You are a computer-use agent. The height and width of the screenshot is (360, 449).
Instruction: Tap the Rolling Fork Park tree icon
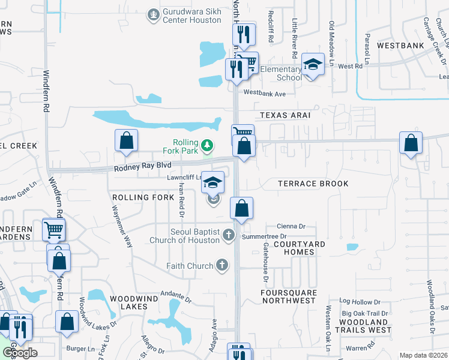(x=207, y=145)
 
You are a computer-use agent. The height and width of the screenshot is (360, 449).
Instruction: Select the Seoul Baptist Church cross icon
(x=228, y=235)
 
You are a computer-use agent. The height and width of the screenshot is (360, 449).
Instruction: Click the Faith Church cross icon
(x=221, y=265)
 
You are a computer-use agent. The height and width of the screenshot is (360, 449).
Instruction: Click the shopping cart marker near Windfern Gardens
(x=54, y=229)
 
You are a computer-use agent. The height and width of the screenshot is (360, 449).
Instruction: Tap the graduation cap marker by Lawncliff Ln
(x=212, y=182)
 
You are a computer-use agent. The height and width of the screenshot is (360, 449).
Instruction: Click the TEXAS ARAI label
(x=285, y=115)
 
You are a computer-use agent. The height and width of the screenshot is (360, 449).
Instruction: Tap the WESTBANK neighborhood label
(x=400, y=46)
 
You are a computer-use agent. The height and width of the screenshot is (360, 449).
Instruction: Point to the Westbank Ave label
(x=265, y=94)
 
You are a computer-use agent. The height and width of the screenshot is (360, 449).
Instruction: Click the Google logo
(x=20, y=353)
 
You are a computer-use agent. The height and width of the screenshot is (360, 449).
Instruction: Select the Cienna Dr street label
(x=292, y=226)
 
